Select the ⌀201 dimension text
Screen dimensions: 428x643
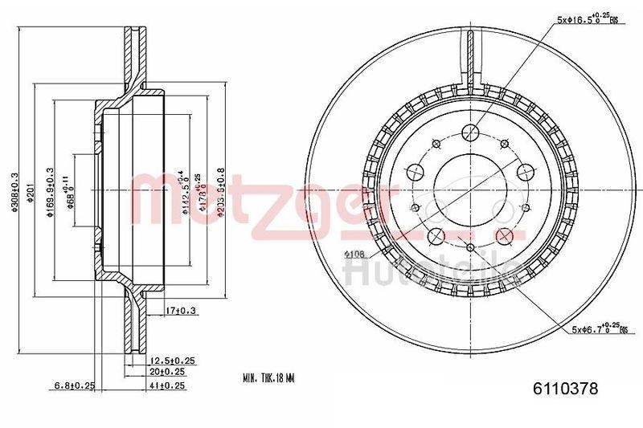[x=28, y=192]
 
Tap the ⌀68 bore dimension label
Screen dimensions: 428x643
[x=71, y=193]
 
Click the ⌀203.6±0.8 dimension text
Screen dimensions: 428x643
[x=219, y=192]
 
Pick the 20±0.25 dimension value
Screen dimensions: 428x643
[x=167, y=373]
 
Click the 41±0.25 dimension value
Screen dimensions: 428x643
[x=167, y=386]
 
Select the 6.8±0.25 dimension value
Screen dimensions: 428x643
[x=74, y=386]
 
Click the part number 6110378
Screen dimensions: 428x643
[x=566, y=389]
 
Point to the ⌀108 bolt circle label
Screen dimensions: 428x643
[x=356, y=255]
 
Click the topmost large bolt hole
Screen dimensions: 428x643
[x=472, y=132]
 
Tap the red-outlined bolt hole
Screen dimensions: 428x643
[x=506, y=235]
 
